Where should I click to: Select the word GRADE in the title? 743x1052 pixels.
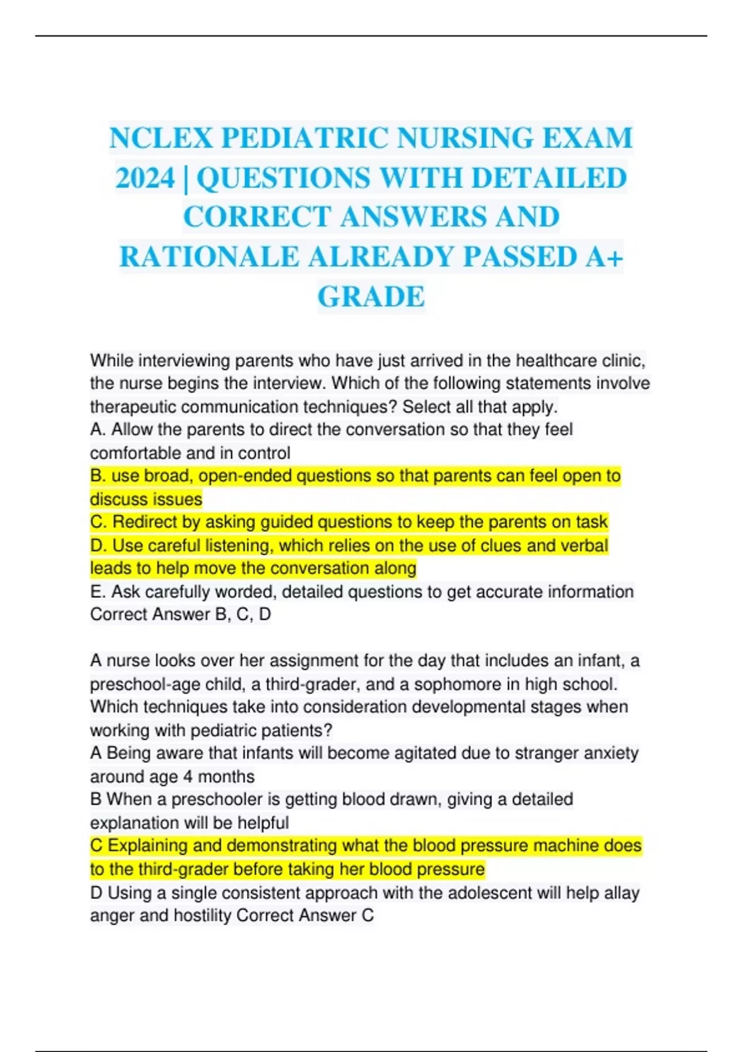[x=371, y=296]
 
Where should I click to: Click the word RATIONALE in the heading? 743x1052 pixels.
[x=209, y=257]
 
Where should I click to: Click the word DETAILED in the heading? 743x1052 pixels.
[x=549, y=178]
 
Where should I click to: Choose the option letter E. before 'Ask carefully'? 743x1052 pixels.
[x=98, y=592]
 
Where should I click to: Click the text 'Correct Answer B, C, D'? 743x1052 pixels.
[x=180, y=614]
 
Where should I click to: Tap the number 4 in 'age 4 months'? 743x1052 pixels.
[x=188, y=777]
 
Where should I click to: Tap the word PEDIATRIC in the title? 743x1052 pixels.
[x=306, y=138]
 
